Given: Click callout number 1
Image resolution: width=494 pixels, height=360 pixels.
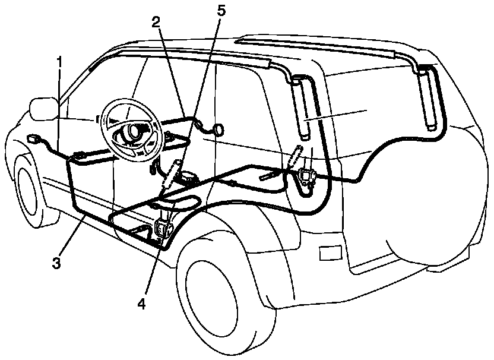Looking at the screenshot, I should (59, 61).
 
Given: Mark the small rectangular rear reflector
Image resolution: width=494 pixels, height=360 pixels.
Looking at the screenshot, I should (328, 252).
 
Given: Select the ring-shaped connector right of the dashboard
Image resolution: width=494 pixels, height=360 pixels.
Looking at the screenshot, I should (219, 130).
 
